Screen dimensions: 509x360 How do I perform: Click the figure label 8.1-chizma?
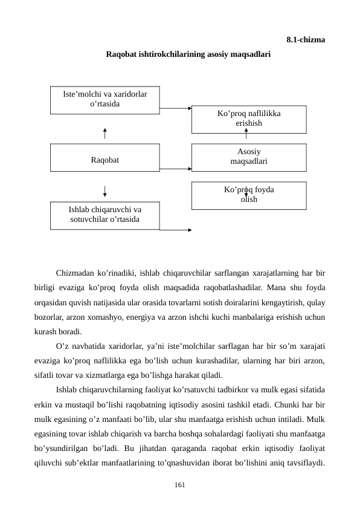(x=305, y=40)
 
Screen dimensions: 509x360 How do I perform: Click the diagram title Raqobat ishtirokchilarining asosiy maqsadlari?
(x=188, y=54)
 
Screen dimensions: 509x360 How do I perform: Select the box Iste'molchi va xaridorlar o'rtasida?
(x=104, y=99)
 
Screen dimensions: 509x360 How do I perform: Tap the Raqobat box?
(x=104, y=160)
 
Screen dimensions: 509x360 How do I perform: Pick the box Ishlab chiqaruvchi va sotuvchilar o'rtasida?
(x=104, y=215)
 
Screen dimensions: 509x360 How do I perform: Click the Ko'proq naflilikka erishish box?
(x=248, y=118)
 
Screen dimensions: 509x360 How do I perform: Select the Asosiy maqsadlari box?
(x=248, y=157)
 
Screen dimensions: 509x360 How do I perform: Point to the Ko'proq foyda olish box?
(x=248, y=195)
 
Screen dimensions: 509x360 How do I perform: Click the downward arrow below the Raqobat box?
(x=105, y=190)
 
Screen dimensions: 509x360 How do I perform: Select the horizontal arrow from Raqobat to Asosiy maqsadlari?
(x=175, y=169)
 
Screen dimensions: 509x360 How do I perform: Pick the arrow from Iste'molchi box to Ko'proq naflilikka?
(x=175, y=109)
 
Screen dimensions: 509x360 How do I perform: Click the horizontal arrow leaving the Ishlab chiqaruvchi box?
(x=175, y=230)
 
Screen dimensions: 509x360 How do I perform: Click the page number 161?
(x=179, y=485)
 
